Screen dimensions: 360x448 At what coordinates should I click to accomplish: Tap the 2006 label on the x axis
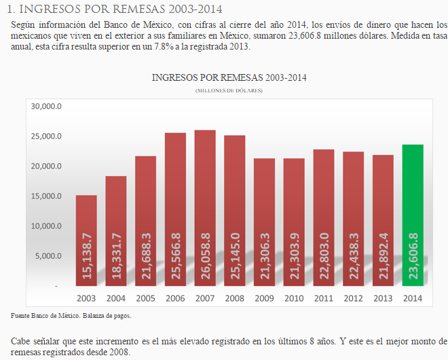(x=175, y=298)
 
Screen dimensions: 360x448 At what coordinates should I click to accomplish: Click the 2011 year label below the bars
(x=323, y=298)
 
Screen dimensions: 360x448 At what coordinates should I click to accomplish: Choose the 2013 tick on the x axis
(x=383, y=298)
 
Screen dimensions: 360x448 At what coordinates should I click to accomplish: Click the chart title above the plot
(x=229, y=77)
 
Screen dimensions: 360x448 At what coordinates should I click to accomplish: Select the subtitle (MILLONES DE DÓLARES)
(x=229, y=90)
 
